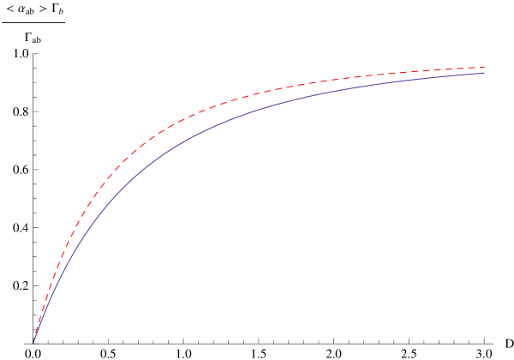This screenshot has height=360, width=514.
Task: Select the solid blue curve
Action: (257, 109)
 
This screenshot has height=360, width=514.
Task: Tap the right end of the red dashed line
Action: (485, 67)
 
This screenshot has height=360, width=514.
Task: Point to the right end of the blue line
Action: (484, 73)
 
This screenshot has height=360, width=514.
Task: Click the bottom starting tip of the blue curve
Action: (34, 342)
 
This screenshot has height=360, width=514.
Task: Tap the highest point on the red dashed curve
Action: (484, 67)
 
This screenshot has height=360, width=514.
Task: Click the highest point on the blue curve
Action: (484, 73)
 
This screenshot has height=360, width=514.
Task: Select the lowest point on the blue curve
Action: (34, 342)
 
